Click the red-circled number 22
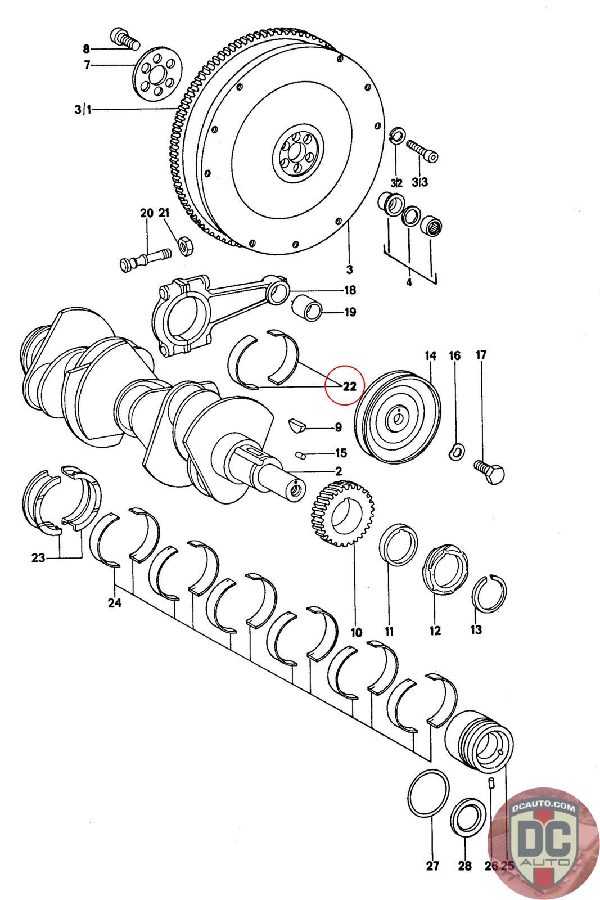click(349, 386)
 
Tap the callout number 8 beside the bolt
click(86, 48)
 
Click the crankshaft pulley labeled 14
click(398, 416)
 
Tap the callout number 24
click(115, 604)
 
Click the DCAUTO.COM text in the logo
click(544, 808)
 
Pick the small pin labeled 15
click(301, 453)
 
